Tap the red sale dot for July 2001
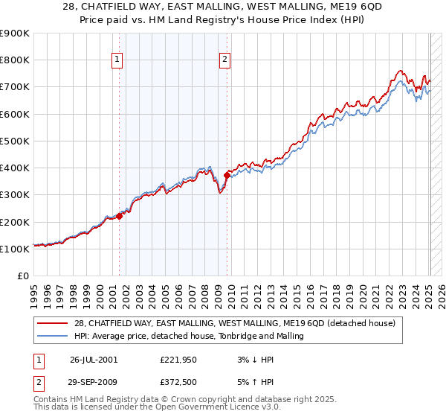(119, 216)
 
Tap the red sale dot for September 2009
(227, 175)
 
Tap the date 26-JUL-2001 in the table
(94, 359)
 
